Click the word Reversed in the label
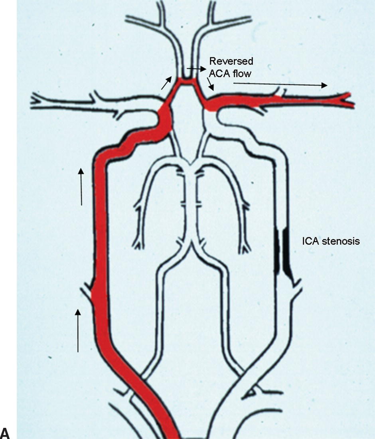(x=231, y=61)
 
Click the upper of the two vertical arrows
(x=81, y=186)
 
